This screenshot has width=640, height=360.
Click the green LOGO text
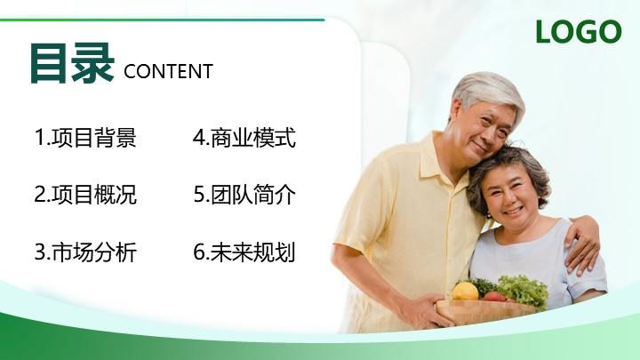(579, 31)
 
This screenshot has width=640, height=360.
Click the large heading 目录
(72, 63)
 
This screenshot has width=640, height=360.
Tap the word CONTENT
(168, 71)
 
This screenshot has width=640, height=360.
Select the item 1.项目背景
(85, 137)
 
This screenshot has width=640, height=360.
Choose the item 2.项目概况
(85, 195)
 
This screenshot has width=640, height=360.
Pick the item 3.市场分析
(85, 252)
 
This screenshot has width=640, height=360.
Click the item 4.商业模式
(244, 137)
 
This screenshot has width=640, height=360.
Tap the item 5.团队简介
(244, 195)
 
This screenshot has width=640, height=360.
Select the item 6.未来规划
(244, 252)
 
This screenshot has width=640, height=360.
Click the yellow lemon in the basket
(465, 291)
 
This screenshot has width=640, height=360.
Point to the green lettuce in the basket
(524, 290)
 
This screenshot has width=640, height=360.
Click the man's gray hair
(488, 90)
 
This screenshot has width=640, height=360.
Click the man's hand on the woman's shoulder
(581, 244)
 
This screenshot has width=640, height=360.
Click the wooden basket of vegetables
(485, 313)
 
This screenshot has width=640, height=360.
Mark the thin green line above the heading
(162, 20)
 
